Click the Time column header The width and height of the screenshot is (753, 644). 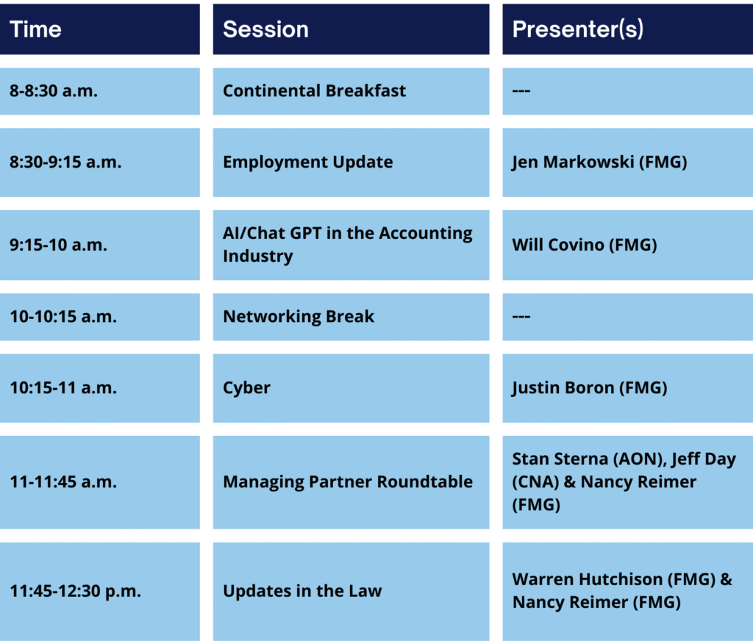tap(35, 29)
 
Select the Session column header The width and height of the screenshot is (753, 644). tap(265, 29)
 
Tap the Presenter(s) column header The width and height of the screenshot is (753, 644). tap(578, 29)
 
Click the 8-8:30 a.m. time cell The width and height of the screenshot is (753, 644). tap(53, 90)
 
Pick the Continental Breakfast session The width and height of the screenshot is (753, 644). tap(315, 90)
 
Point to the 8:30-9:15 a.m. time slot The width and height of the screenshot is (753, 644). tap(65, 162)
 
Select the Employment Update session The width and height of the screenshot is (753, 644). tap(308, 162)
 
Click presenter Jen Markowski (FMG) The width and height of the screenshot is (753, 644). tap(599, 162)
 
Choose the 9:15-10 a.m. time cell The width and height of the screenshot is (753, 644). tap(58, 245)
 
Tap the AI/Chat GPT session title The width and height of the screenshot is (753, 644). tap(348, 245)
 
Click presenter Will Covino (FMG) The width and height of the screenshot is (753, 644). tap(585, 245)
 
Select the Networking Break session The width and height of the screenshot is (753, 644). tap(299, 316)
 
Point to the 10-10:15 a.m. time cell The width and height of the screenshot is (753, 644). tap(63, 316)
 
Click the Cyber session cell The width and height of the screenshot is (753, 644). tap(247, 388)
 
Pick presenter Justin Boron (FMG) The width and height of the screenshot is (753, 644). tap(590, 388)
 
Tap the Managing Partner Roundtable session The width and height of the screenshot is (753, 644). tap(348, 482)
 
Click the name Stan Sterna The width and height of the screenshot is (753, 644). tap(560, 459)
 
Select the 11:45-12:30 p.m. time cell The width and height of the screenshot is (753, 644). tap(76, 591)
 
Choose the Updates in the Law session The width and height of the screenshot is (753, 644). tap(302, 591)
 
